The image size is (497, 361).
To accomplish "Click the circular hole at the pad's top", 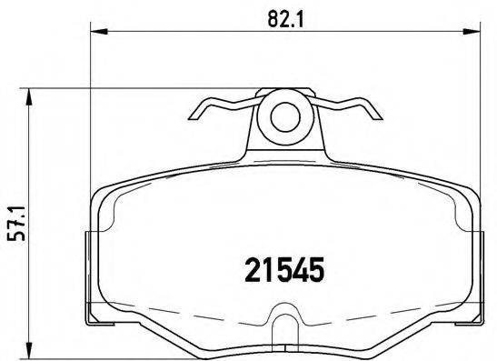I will [283, 115].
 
